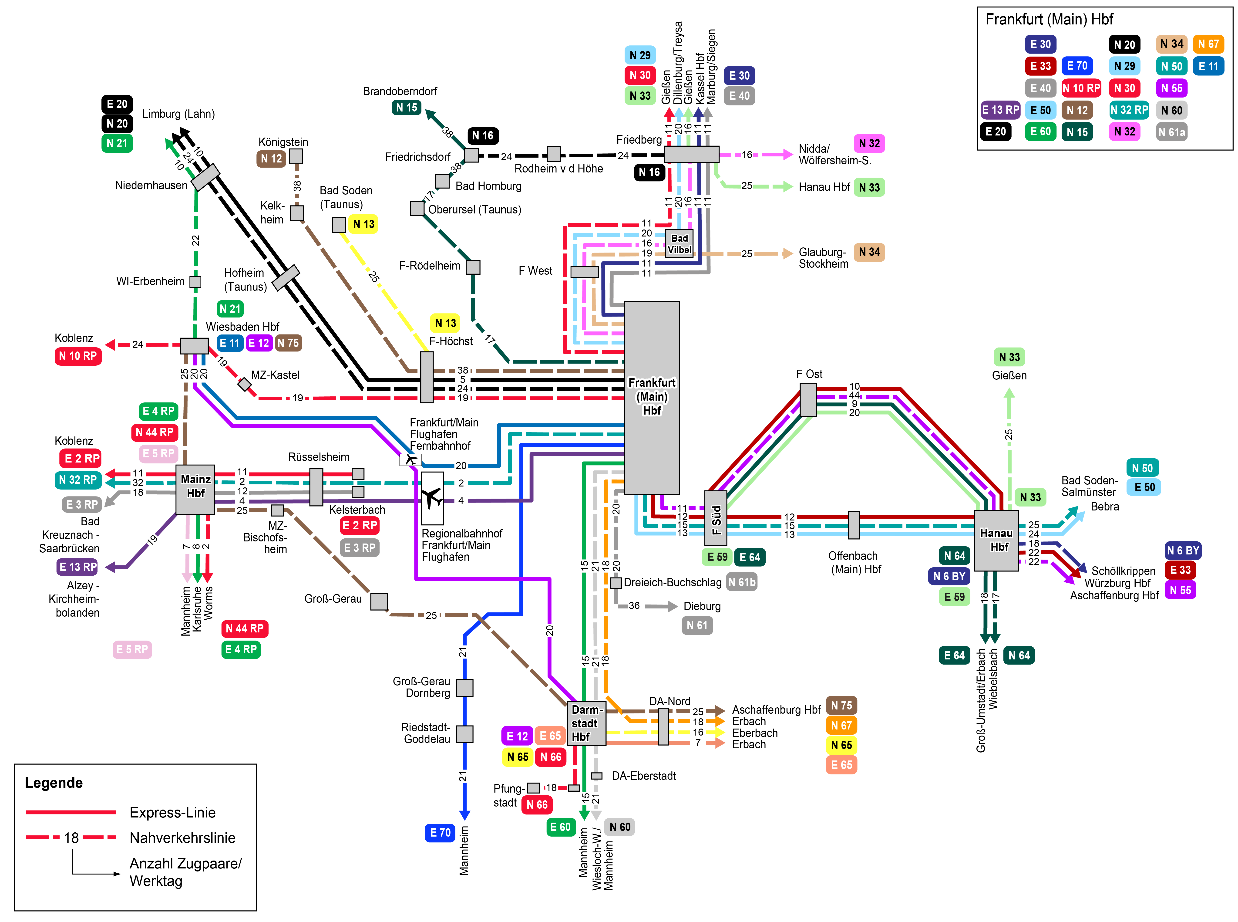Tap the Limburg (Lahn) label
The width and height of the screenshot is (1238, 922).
point(178,114)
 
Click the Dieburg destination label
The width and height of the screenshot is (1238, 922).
point(702,606)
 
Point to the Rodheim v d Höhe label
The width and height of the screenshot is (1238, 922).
point(558,169)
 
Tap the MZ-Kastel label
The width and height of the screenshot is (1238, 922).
point(275,375)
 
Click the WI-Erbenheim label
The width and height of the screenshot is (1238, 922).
point(150,281)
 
